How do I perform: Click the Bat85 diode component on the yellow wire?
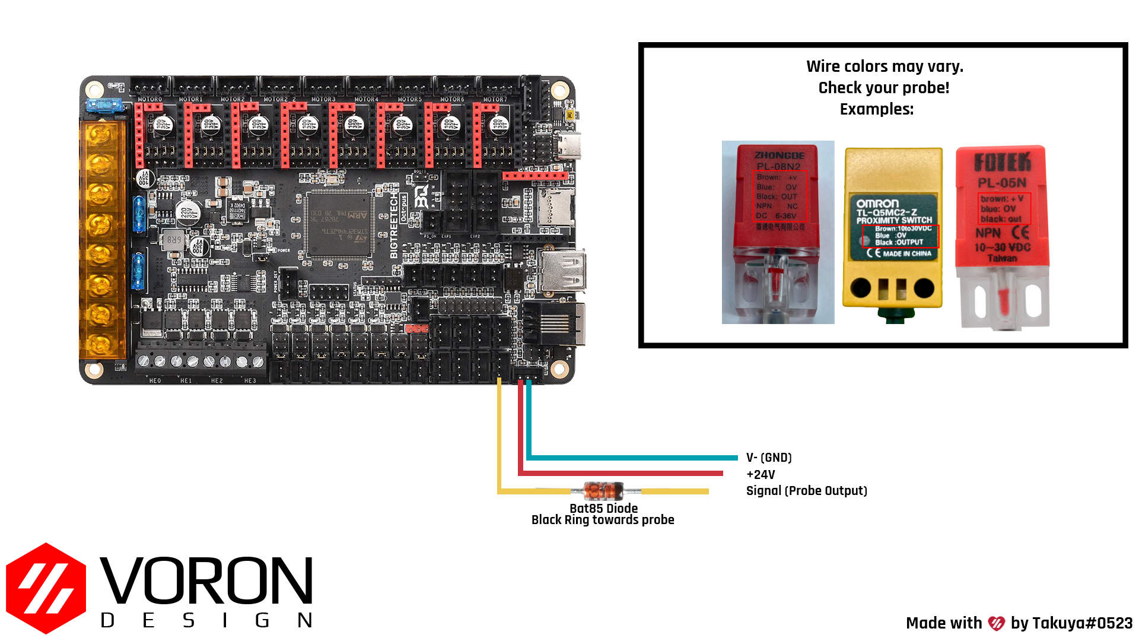tap(604, 491)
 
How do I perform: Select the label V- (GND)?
tap(769, 458)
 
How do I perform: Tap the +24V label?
tap(761, 475)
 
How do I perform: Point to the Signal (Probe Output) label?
tap(806, 491)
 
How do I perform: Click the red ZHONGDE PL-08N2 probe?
tap(778, 232)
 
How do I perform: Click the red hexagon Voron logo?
tap(46, 588)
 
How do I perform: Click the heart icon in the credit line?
tap(996, 623)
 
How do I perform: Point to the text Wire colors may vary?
tap(885, 66)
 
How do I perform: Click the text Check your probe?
tap(883, 88)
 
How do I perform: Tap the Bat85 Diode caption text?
tap(603, 509)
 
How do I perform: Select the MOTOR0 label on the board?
tap(149, 99)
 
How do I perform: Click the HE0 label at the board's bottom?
tap(155, 380)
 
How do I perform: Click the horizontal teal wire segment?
tap(632, 458)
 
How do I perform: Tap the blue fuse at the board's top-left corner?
tap(104, 106)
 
